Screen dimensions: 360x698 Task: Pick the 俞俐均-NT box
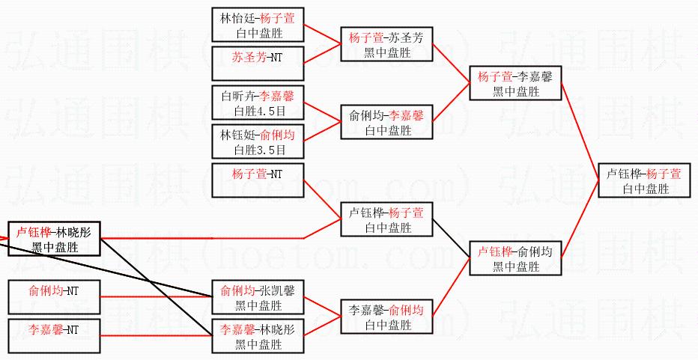pyautogui.click(x=54, y=296)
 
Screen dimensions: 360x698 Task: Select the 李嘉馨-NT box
pyautogui.click(x=54, y=335)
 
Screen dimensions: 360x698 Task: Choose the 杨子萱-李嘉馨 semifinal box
pyautogui.click(x=515, y=83)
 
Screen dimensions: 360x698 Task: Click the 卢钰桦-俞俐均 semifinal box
pyautogui.click(x=515, y=258)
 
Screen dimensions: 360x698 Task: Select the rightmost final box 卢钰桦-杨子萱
pyautogui.click(x=644, y=180)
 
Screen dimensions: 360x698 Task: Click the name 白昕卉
pyautogui.click(x=237, y=96)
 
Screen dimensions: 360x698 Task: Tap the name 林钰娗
pyautogui.click(x=237, y=135)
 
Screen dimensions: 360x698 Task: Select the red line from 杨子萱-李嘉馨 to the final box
pyautogui.click(x=581, y=126)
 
